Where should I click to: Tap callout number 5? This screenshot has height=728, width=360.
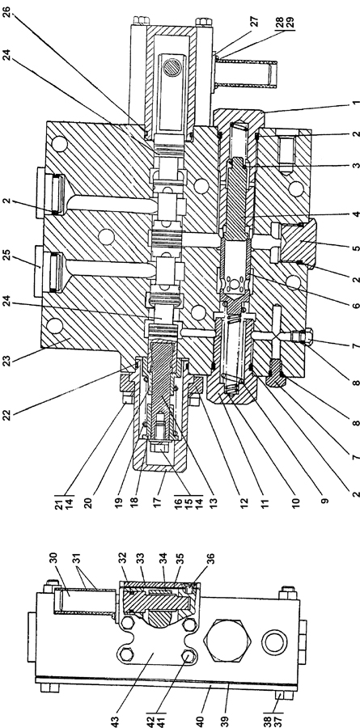coord(355,248)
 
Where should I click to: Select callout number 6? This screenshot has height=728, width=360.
coord(355,306)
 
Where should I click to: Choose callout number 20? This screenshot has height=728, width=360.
coord(87,502)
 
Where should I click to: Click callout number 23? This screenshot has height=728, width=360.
coord(6,360)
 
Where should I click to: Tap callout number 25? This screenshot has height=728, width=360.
coord(6,256)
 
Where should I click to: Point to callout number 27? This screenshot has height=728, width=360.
coord(256,22)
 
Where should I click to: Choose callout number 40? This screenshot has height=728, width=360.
coord(200,719)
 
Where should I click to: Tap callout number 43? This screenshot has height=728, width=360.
coord(116,720)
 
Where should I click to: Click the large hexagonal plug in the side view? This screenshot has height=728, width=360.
coord(229,641)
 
